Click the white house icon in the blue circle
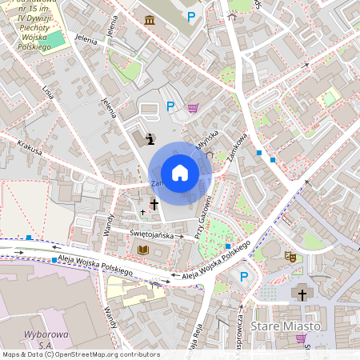point(180,173)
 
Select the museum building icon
point(150,18)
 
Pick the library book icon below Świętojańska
point(143,251)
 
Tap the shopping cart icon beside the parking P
point(193,107)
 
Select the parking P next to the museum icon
point(190,16)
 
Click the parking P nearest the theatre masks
point(244,277)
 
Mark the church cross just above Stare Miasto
point(302,295)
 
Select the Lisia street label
point(49,90)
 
